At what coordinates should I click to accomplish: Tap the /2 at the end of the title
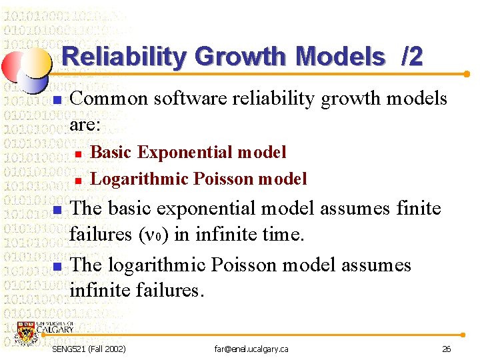point(411,57)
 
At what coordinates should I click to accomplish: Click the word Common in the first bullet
point(109,99)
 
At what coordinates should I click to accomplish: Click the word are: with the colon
point(85,125)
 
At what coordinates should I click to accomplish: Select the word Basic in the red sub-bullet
point(111,153)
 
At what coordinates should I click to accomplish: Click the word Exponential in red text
point(185,153)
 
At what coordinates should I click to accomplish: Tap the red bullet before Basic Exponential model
point(77,154)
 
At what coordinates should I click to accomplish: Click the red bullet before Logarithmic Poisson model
point(77,180)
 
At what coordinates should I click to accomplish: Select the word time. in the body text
point(281,235)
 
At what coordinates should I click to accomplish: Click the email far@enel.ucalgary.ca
point(251,349)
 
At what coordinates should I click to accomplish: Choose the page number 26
point(446,349)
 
